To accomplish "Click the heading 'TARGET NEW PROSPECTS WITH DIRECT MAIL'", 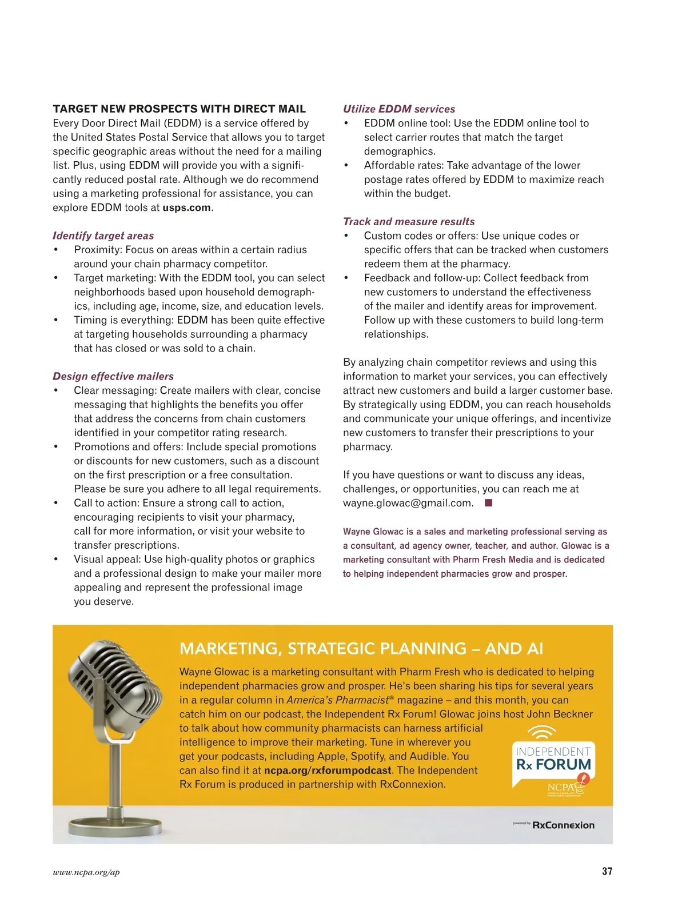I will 179,109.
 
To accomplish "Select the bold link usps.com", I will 186,207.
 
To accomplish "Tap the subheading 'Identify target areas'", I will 103,236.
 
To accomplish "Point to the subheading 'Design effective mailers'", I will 113,376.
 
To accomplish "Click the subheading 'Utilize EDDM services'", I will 399,109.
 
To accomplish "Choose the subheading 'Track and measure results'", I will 409,221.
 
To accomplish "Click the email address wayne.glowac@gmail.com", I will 408,503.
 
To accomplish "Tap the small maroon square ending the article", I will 488,503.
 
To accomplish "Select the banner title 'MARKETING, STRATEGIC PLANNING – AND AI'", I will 361,648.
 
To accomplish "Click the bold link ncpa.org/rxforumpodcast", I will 328,770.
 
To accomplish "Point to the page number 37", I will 607,871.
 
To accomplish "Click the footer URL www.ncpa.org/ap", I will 86,872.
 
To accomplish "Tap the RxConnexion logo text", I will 563,825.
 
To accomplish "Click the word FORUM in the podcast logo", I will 563,764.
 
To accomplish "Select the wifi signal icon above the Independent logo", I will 541,732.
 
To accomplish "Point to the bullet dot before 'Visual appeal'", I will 56,559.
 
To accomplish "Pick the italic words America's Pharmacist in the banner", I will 337,700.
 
